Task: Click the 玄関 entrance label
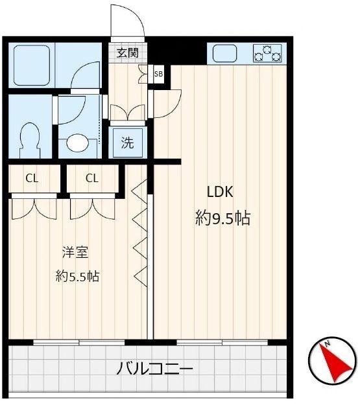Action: point(128,53)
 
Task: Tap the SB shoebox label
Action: point(158,74)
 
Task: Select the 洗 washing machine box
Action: point(128,143)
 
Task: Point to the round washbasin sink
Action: point(78,141)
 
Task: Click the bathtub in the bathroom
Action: point(30,65)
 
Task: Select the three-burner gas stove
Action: point(267,52)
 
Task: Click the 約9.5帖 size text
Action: point(222,218)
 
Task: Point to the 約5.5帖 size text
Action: point(77,277)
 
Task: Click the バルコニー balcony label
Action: point(155,370)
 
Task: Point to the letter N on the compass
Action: point(329,343)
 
